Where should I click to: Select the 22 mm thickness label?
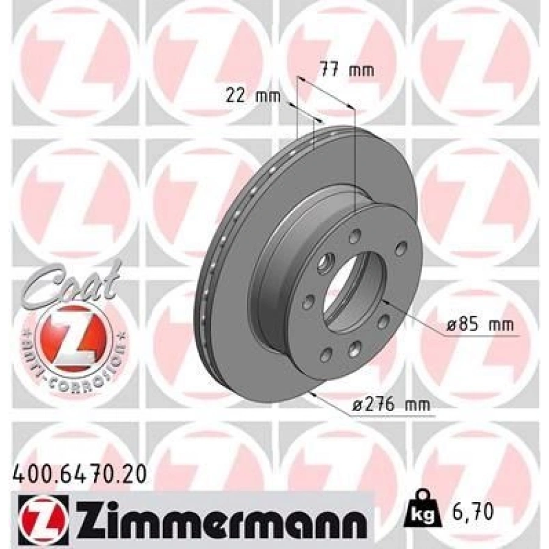coord(253,96)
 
